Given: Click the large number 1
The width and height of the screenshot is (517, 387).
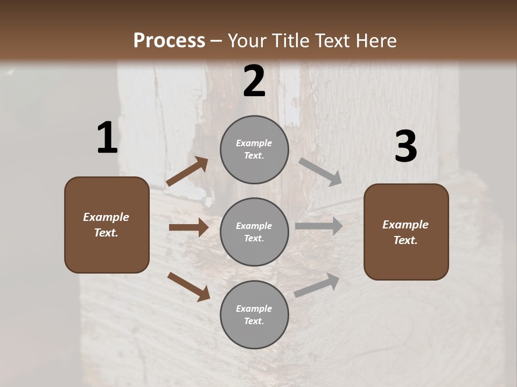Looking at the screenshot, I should click(107, 138).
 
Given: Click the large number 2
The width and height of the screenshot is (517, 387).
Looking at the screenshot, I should click(254, 81).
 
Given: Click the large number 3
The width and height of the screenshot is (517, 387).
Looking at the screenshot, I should click(406, 147).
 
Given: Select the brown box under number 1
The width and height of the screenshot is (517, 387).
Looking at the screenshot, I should click(107, 225).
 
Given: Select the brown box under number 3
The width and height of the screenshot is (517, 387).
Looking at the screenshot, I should click(406, 232).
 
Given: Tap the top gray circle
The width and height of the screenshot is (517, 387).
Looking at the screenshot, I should click(254, 149).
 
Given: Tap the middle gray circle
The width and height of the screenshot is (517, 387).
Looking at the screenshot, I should click(254, 232).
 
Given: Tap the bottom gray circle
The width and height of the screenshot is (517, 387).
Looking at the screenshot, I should click(254, 315).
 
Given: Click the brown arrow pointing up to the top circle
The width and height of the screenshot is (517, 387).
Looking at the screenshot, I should click(187, 171).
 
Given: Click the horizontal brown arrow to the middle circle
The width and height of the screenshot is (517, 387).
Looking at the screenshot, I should click(188, 227).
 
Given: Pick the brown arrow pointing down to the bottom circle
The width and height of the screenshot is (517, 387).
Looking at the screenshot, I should click(188, 286).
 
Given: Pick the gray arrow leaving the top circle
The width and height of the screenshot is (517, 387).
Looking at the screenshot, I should click(320, 171).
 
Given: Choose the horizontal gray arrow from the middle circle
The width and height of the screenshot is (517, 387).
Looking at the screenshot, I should click(318, 226).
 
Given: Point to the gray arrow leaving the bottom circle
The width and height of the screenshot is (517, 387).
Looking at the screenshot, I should click(317, 285).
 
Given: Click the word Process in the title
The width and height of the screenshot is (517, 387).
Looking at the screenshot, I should click(169, 40).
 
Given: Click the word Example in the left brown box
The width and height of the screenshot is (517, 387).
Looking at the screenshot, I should click(106, 217).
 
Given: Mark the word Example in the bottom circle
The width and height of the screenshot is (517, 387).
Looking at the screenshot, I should click(254, 309).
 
